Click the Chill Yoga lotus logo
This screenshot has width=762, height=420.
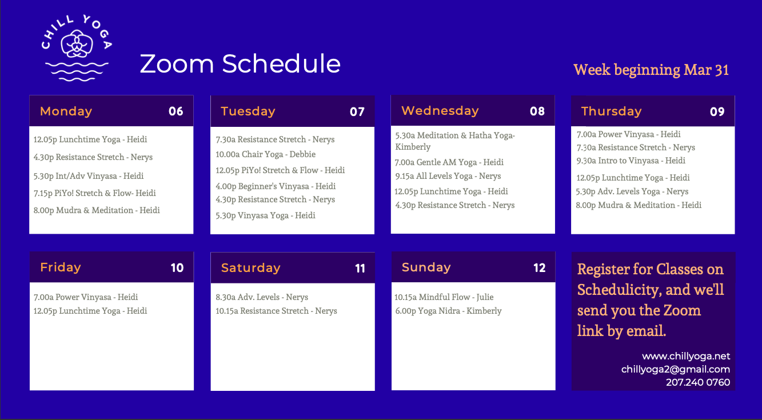coord(77,47)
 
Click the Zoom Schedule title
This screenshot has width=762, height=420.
coord(240,63)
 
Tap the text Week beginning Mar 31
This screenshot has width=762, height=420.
coord(651,70)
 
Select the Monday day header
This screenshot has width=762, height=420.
coord(66,111)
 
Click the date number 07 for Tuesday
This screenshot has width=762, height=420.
coord(357,112)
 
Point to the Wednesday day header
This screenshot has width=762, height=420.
coord(440,111)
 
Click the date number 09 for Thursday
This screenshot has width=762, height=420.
coord(717,112)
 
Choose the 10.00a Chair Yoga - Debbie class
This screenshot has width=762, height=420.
coord(266,154)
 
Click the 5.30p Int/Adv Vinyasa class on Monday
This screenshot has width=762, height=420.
coord(89,176)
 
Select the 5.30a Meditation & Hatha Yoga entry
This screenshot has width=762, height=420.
coord(455,141)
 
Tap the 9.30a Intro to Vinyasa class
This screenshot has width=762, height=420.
coord(631,161)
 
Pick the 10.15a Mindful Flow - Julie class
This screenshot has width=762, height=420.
coord(444,297)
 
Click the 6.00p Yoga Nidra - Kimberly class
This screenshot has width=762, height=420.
coord(448,311)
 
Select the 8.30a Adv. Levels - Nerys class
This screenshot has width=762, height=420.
coord(262,297)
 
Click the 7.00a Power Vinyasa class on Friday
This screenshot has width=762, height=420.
coord(86,297)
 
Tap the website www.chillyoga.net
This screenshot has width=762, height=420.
coord(686,356)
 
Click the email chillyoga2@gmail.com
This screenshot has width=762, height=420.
coord(676,369)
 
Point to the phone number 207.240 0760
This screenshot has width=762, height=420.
coord(698,382)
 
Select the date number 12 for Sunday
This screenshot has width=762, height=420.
coord(540,268)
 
